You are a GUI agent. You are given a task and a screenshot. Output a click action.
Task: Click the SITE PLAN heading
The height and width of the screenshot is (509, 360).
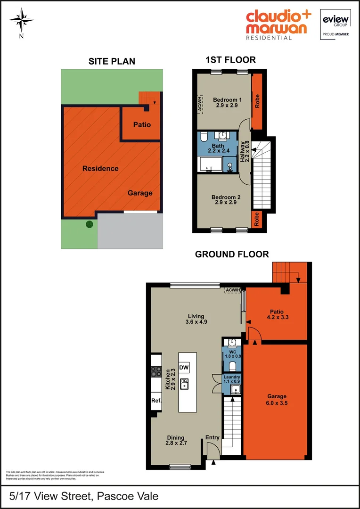[x=112, y=61]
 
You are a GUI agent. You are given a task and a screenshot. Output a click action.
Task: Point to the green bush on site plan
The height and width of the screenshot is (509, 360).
[x=89, y=225]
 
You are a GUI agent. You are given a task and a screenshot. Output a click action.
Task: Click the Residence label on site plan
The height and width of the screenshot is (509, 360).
[x=100, y=168]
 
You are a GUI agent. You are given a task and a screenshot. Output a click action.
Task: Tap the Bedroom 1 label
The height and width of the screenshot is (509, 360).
[x=227, y=103]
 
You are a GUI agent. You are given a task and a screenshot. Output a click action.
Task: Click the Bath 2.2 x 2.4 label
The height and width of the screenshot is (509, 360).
[x=218, y=148]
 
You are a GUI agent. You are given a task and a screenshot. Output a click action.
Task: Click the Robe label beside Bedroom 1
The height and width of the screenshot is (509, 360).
[x=257, y=102]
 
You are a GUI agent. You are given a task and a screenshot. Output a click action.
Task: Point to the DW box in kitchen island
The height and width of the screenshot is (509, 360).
[x=184, y=368]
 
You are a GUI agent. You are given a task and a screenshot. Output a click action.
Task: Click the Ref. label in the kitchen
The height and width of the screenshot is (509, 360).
[x=156, y=401]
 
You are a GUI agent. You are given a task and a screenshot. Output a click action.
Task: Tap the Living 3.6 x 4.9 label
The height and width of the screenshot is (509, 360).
[x=196, y=319]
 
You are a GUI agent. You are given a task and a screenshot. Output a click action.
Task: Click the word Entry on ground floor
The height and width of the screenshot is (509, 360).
[x=213, y=437]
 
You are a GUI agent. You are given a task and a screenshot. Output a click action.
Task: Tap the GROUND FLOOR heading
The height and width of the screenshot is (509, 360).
[x=232, y=254]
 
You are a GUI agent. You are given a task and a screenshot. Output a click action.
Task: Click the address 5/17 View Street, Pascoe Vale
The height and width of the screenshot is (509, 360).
[x=84, y=496]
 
